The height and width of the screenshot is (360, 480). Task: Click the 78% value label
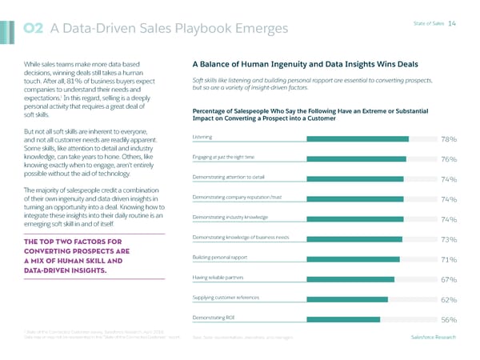[448, 139]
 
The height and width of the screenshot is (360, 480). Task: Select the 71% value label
[448, 259]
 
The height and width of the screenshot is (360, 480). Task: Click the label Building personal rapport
[218, 256]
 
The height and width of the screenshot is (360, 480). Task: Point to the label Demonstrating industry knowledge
[230, 216]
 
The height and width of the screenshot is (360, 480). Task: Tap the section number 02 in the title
[33, 30]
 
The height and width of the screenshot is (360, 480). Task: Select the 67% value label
[448, 279]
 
